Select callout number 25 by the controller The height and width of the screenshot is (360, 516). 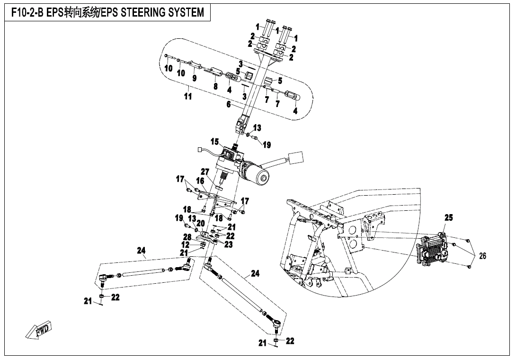pyautogui.click(x=448, y=218)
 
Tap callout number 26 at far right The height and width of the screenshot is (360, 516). pyautogui.click(x=482, y=256)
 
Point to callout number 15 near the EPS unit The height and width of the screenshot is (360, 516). pyautogui.click(x=215, y=142)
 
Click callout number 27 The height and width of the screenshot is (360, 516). pyautogui.click(x=205, y=171)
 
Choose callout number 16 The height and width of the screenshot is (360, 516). pyautogui.click(x=200, y=181)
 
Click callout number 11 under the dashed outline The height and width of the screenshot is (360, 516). pyautogui.click(x=188, y=97)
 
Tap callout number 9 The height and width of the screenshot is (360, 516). pyautogui.click(x=194, y=78)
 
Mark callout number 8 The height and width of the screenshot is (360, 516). pyautogui.click(x=215, y=87)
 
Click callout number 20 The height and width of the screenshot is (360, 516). pyautogui.click(x=200, y=224)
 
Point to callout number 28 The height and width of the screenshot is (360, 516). pyautogui.click(x=187, y=237)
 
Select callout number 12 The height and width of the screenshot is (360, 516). pyautogui.click(x=186, y=244)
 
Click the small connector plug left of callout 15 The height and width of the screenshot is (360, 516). pyautogui.click(x=200, y=151)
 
